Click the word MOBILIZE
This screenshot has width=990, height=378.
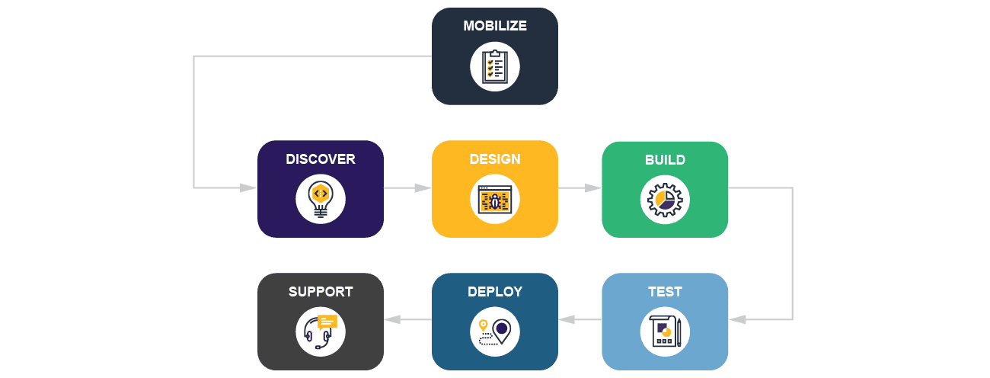tap(495, 26)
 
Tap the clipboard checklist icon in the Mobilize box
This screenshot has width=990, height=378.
tap(495, 66)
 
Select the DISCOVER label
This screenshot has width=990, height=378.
tap(321, 159)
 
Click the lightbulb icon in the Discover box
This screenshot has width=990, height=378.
tap(321, 199)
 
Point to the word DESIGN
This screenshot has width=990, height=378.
tap(495, 159)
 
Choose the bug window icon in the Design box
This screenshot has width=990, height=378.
tap(495, 199)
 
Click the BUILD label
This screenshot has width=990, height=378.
tap(665, 160)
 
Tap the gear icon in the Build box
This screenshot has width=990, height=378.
tap(665, 200)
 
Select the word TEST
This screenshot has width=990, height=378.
tap(665, 292)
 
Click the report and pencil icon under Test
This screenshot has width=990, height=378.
tap(665, 332)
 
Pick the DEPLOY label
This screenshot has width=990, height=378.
tap(495, 292)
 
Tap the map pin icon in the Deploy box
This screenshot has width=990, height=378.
tap(495, 332)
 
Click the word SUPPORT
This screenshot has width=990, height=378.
tap(321, 292)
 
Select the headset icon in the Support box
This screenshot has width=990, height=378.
tap(321, 332)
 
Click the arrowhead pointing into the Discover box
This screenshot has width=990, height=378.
tap(248, 187)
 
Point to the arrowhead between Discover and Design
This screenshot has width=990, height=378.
tap(423, 187)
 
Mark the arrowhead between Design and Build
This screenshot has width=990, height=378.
tap(593, 187)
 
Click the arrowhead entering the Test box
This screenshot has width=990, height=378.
tap(737, 319)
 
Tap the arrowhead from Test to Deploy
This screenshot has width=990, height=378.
tap(567, 319)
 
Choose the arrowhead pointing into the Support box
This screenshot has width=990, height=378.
tap(393, 319)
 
